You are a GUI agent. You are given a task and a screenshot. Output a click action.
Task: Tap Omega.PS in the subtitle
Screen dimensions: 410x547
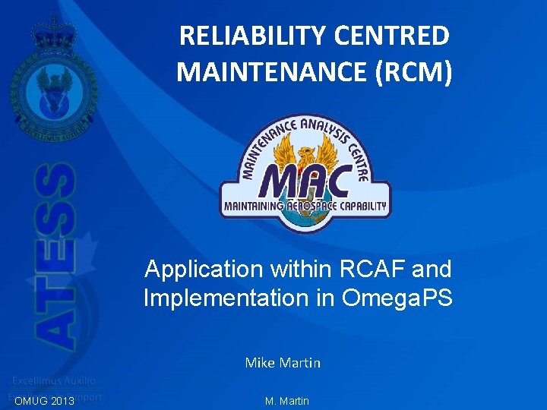(x=397, y=298)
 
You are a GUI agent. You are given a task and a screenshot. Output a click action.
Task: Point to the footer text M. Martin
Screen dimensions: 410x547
(x=287, y=401)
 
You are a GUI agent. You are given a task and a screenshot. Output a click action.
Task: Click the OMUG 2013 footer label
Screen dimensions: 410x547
(x=44, y=401)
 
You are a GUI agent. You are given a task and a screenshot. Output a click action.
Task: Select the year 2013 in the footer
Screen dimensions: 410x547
(x=61, y=401)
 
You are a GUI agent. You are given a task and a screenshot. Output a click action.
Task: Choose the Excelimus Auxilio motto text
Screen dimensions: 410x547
(x=53, y=380)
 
